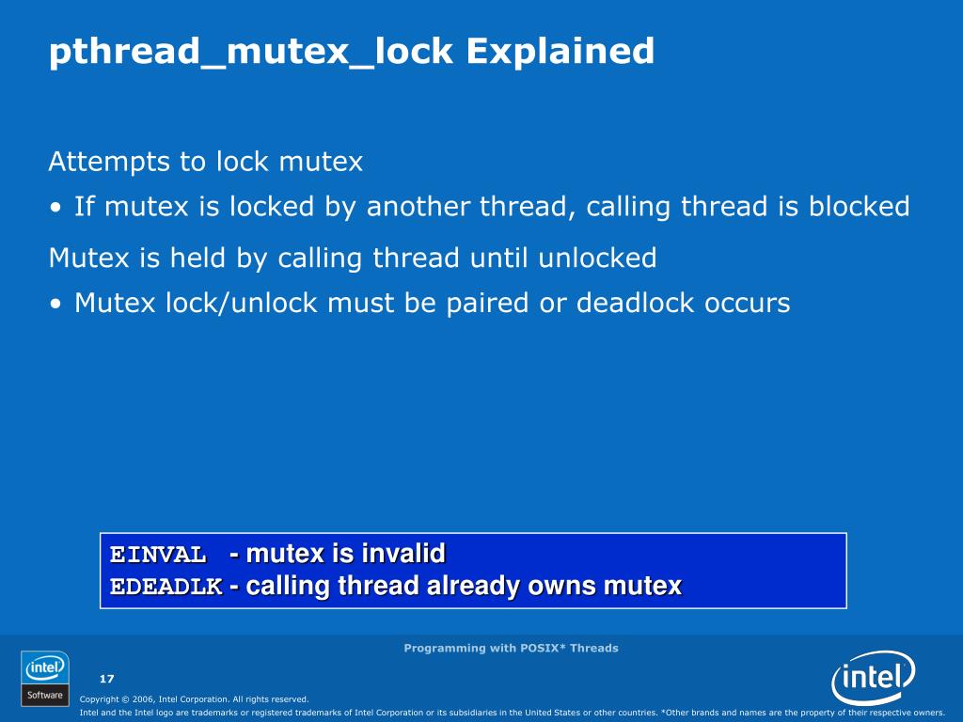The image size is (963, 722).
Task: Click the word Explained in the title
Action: pos(560,52)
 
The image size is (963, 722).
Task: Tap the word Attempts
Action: pos(111,163)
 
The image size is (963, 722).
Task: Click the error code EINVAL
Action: pos(158,555)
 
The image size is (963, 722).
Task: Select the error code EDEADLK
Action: pos(166,588)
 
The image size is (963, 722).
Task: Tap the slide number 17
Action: pos(106,679)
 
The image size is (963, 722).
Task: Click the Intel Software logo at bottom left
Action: pos(44,678)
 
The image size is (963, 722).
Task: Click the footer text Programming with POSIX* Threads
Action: pos(511,648)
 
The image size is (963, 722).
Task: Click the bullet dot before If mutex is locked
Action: pos(57,208)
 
